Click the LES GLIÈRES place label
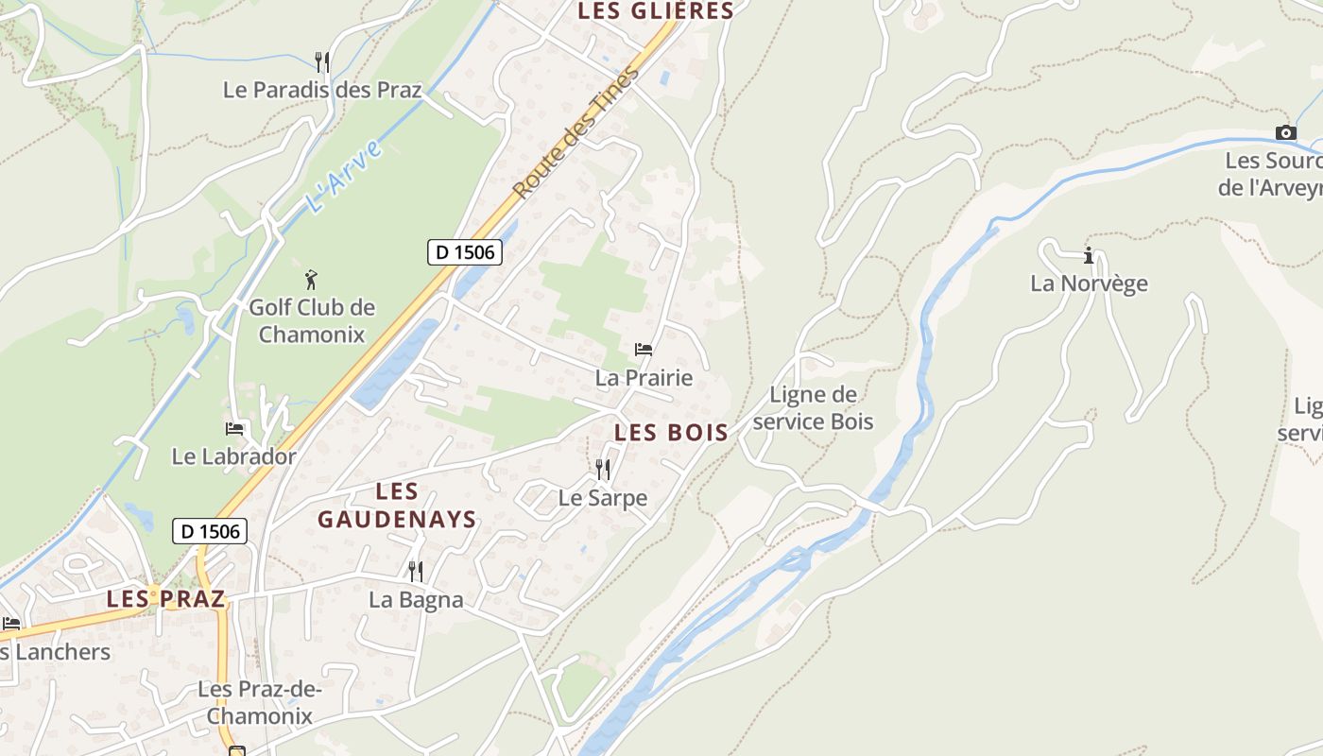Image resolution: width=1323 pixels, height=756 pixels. (x=655, y=11)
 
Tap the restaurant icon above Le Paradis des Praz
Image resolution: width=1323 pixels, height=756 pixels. (x=322, y=62)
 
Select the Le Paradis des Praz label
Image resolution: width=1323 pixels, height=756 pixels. (x=322, y=90)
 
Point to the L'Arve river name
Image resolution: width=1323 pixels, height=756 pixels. (x=343, y=176)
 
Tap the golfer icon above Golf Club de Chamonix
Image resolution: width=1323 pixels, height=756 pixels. (x=311, y=280)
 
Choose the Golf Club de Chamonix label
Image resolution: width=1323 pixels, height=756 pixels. (x=312, y=320)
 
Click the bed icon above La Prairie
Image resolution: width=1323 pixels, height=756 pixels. (x=644, y=350)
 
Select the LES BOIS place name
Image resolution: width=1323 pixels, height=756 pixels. (x=671, y=433)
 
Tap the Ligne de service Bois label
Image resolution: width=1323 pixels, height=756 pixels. (x=813, y=407)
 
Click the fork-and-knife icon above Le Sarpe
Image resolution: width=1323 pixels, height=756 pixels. (x=602, y=469)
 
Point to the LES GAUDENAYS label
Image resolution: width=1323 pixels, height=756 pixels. (x=397, y=506)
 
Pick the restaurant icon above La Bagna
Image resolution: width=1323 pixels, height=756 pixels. (x=415, y=571)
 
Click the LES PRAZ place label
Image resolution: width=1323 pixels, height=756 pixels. (x=165, y=598)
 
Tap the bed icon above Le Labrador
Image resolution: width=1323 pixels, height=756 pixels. (x=234, y=428)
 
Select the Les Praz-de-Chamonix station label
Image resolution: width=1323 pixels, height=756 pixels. (x=260, y=702)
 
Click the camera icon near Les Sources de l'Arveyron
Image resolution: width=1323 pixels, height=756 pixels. (x=1285, y=133)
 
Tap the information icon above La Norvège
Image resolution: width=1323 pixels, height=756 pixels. (x=1089, y=255)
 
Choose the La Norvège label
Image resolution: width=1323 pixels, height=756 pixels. (x=1089, y=283)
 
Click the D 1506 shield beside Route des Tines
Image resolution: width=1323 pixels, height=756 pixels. (x=464, y=252)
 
